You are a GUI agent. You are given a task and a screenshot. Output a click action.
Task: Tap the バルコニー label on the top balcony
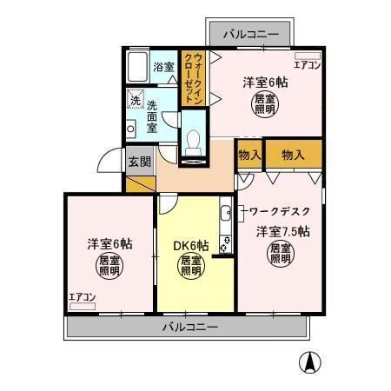point(250,35)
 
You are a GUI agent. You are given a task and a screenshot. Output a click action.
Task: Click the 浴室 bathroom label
point(163,67)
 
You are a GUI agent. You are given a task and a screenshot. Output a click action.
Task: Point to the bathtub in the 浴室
point(136,67)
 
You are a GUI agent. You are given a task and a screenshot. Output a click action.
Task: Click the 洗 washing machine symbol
point(135,99)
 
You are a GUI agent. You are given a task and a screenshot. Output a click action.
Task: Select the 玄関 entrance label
point(139,161)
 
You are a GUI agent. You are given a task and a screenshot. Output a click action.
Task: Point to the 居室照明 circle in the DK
point(191,265)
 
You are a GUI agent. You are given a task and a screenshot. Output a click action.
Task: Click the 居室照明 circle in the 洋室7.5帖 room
point(280,253)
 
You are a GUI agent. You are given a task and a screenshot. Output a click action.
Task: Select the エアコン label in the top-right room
point(308,65)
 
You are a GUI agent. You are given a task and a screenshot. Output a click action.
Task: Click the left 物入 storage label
point(249,155)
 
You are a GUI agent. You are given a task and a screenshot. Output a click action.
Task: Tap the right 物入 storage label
point(293,155)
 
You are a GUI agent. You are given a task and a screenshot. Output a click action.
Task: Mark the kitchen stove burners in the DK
point(225,240)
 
